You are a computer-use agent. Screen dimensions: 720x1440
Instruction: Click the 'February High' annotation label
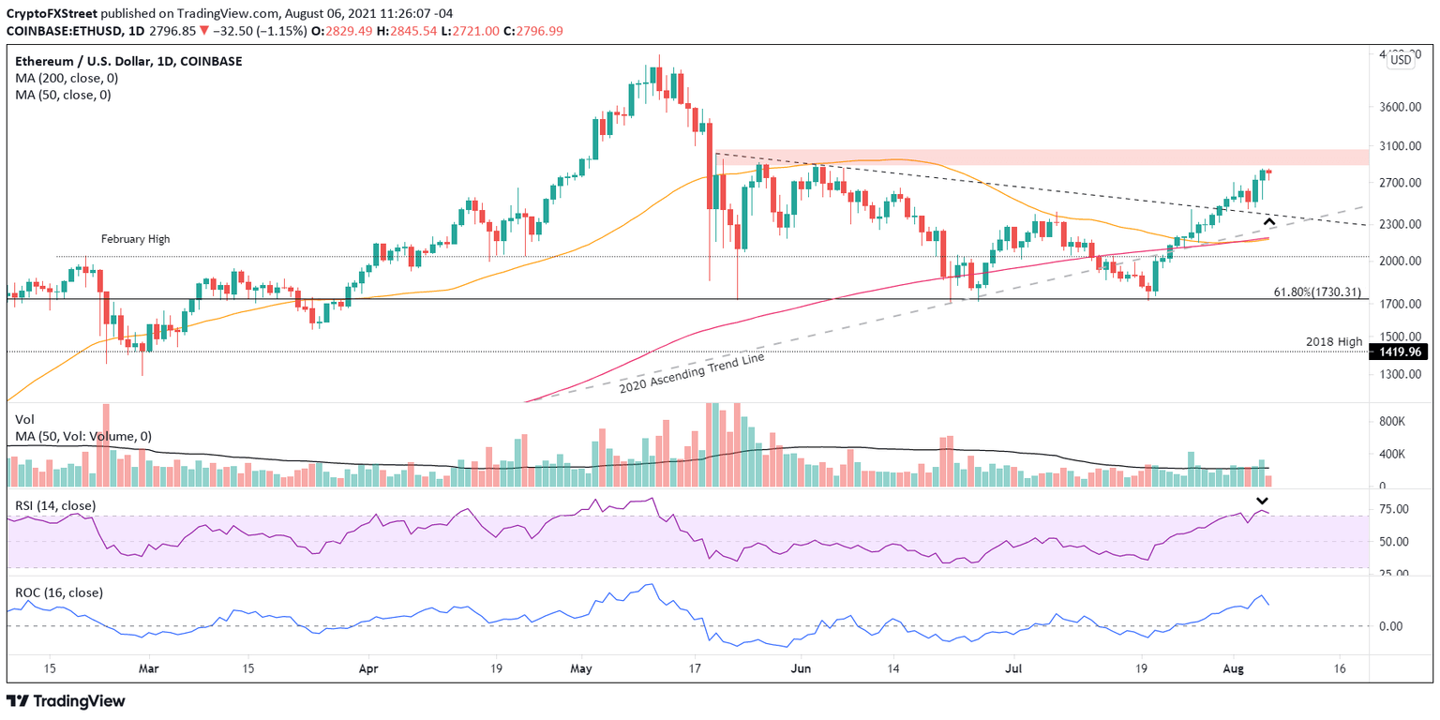(136, 240)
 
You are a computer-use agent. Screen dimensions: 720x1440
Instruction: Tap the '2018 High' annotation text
(1334, 342)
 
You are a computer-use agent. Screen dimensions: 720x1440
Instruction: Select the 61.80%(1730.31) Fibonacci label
(1316, 292)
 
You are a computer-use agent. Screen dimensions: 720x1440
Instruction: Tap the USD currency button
(1400, 60)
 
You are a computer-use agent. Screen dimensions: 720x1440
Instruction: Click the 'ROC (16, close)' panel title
(59, 592)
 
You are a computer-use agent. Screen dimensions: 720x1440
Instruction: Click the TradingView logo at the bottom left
(66, 701)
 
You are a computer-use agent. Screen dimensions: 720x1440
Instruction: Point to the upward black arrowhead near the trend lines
(1269, 221)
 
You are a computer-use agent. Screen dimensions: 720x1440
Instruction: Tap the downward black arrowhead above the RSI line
(1263, 502)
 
